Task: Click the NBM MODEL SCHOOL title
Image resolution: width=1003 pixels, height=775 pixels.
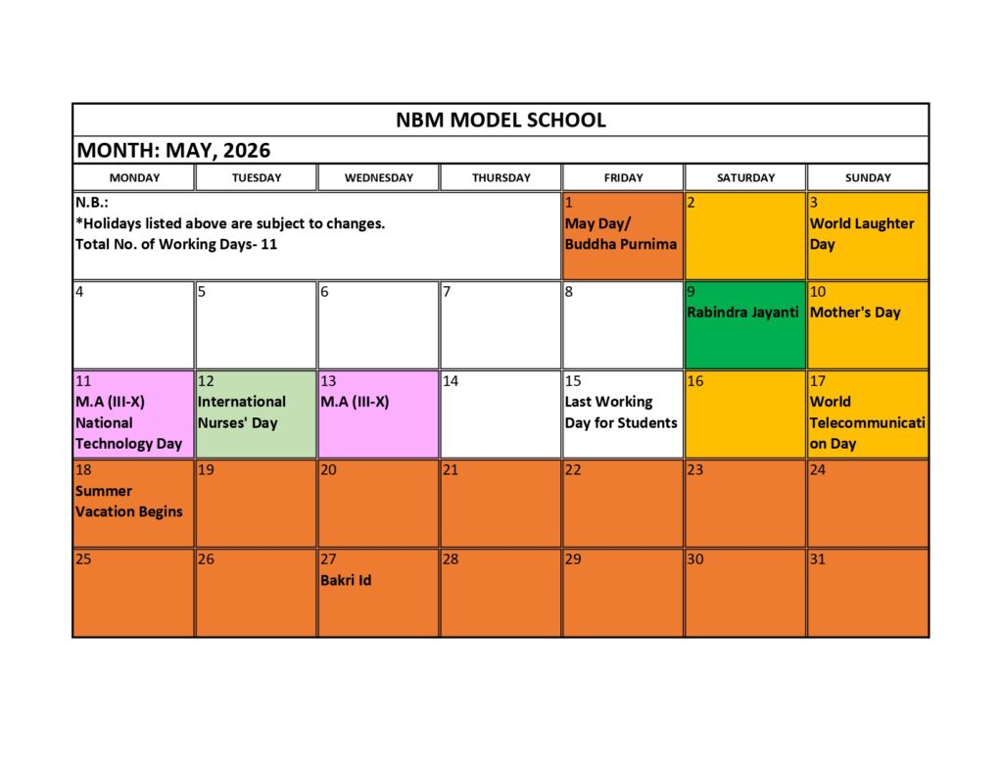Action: pos(501,121)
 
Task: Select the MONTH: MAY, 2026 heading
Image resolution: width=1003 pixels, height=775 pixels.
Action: pos(173,151)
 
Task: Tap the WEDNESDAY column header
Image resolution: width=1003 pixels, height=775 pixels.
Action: pos(378,178)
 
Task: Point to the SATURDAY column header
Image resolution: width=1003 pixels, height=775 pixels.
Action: pos(745,178)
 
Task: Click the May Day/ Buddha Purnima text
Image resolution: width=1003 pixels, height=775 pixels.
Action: pos(620,234)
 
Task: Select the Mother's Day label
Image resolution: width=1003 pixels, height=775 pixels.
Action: pos(855,313)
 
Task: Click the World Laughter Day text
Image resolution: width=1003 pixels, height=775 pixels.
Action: pos(861,234)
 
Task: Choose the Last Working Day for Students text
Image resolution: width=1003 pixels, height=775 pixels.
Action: pos(620,412)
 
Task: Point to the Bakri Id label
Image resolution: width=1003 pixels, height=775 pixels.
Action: pos(346,580)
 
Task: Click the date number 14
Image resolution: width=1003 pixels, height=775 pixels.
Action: pos(451,381)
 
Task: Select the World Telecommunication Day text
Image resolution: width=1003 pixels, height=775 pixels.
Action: pos(867,422)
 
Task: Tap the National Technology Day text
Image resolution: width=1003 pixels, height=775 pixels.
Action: pos(128,433)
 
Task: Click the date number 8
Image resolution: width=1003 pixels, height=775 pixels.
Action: pos(569,291)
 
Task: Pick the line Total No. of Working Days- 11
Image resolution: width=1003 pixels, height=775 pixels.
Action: pos(176,244)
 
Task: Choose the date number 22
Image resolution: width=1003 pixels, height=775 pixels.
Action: pos(573,470)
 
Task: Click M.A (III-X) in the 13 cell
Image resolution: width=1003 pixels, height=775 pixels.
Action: pos(355,402)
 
